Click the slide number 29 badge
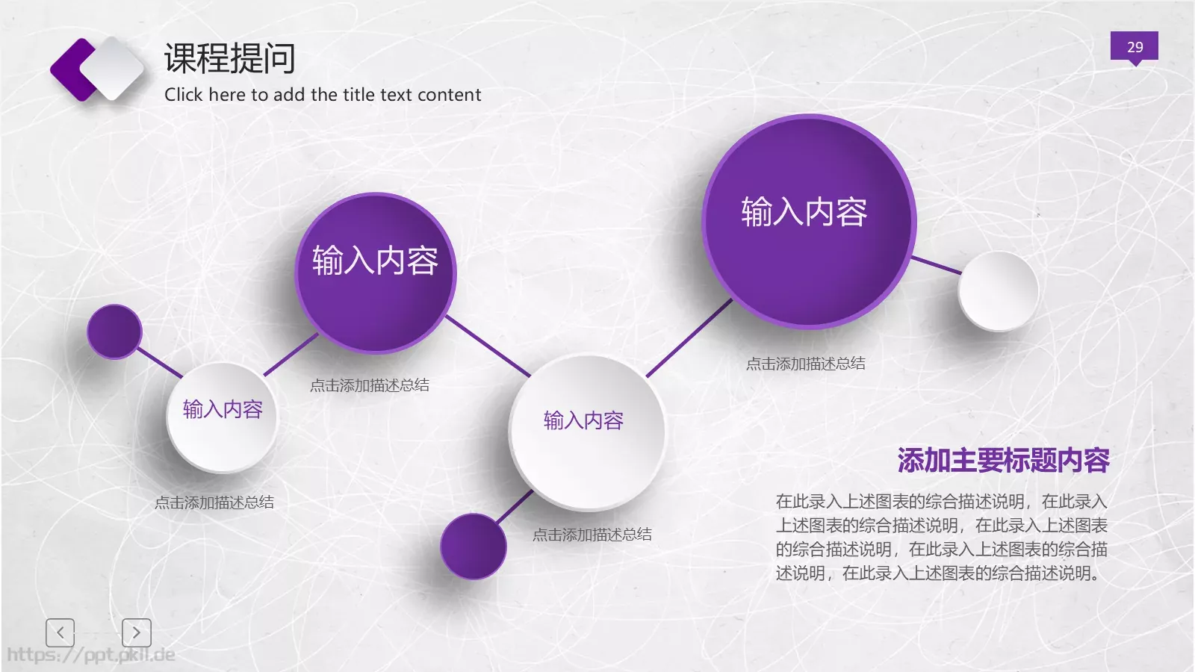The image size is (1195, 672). [x=1134, y=46]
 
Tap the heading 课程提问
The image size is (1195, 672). [x=229, y=58]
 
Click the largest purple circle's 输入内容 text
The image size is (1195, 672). [x=804, y=212]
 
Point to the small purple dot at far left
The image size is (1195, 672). [x=114, y=331]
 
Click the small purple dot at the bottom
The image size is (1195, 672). [x=473, y=547]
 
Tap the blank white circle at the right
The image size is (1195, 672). [x=998, y=291]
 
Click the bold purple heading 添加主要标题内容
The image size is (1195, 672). [x=1003, y=461]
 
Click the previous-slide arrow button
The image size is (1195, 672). [x=60, y=632]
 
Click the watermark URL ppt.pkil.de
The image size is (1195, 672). [x=91, y=656]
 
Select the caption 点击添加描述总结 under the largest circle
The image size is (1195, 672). [x=805, y=364]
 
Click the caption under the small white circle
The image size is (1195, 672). [x=214, y=503]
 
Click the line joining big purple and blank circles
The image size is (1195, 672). [x=937, y=265]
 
